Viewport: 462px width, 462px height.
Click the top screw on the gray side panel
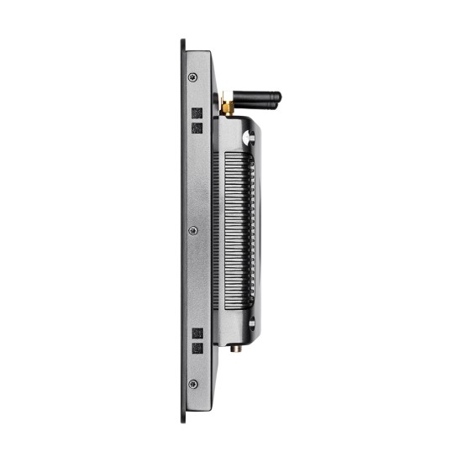(x=193, y=77)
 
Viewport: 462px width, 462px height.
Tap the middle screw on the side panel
(x=193, y=230)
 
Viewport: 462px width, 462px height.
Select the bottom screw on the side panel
(x=193, y=384)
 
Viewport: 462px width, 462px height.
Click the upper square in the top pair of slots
(x=198, y=113)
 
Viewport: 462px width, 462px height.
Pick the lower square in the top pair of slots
(x=198, y=128)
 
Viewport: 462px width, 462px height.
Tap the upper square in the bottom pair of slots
(x=198, y=333)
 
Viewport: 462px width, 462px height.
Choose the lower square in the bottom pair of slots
(x=198, y=348)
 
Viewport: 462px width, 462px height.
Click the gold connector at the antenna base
(x=226, y=107)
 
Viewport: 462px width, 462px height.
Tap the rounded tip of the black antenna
(x=278, y=97)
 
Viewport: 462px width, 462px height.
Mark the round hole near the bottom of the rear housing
(x=250, y=323)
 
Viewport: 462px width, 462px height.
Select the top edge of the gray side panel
(x=198, y=53)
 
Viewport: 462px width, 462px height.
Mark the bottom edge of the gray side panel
(x=198, y=407)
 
